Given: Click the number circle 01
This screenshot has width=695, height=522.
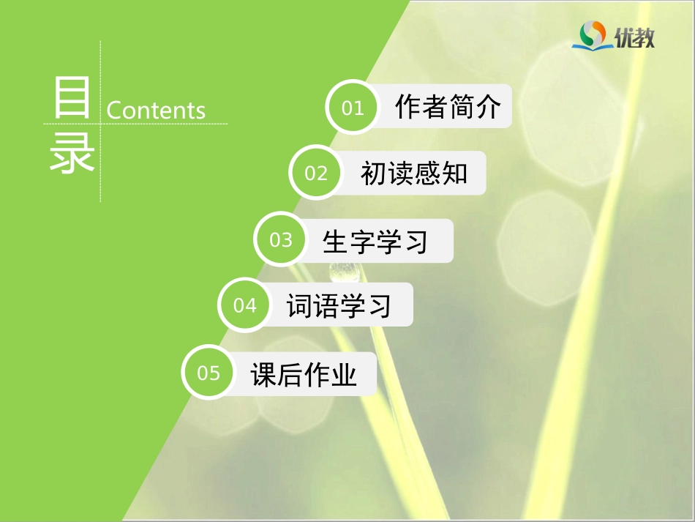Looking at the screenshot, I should [353, 108].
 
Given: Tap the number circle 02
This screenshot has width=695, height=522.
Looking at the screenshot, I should [316, 173].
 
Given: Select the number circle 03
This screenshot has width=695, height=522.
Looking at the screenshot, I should [281, 240].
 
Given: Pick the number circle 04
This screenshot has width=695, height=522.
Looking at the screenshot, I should [245, 305].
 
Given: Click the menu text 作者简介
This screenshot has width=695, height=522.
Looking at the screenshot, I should [448, 107].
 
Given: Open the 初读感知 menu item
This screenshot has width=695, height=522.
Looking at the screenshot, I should [413, 173].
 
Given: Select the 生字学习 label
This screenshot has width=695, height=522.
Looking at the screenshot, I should [375, 240].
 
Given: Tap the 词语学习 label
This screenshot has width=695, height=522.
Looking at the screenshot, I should [339, 305].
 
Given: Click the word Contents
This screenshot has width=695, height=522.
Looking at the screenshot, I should [156, 111].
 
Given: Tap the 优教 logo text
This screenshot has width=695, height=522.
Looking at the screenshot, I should [634, 37].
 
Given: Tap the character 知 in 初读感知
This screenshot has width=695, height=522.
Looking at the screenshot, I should [454, 173].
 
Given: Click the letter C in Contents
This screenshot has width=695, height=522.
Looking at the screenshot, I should [114, 111].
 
